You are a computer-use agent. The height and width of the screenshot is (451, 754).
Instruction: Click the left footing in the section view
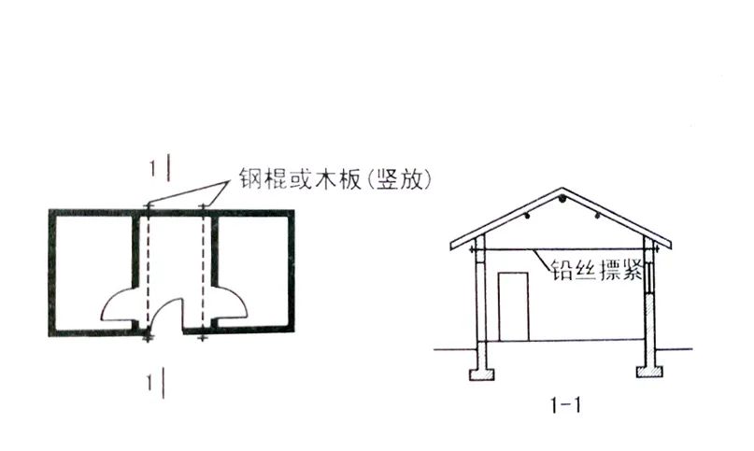[x=482, y=373]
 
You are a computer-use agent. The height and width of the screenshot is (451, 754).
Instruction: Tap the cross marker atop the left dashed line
[x=148, y=204]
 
